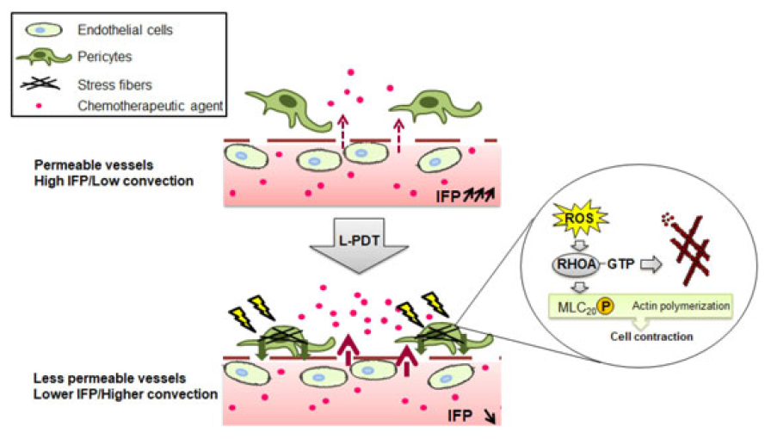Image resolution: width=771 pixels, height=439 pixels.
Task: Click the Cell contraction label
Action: pos(651,337)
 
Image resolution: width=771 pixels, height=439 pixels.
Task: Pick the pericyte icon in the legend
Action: pos(43,58)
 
